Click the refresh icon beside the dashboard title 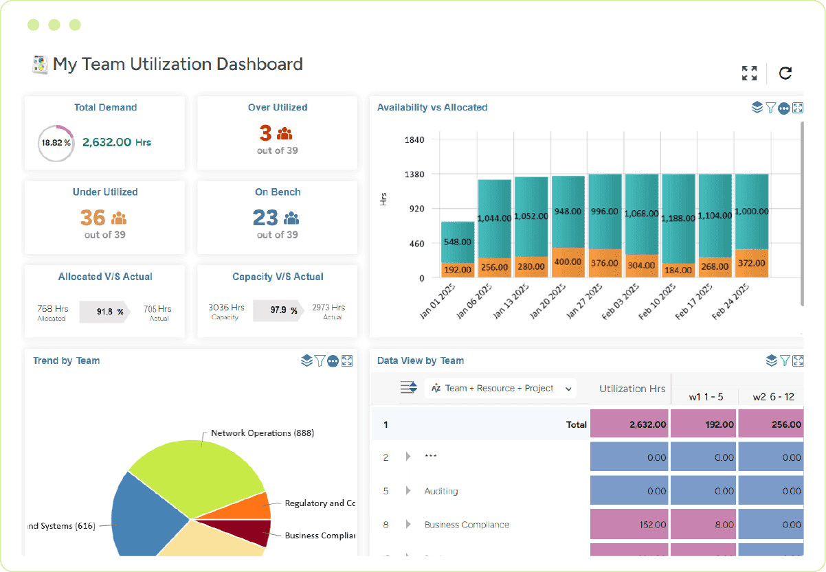coord(785,73)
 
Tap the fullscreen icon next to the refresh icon coord(749,73)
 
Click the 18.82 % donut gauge coord(56,143)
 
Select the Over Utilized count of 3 coord(265,133)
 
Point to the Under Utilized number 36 coord(93,218)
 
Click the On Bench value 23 coord(265,218)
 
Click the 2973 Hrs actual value coord(328,308)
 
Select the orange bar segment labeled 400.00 coord(568,262)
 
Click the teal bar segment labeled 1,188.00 coord(678,218)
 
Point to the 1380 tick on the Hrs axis coord(414,174)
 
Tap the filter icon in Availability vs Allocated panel coord(770,108)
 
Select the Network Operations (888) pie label coord(262,433)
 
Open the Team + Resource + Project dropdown coord(502,388)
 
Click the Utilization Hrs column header coord(632,389)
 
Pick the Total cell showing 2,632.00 coord(629,424)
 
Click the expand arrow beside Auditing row coord(408,491)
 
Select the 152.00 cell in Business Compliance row coord(629,525)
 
